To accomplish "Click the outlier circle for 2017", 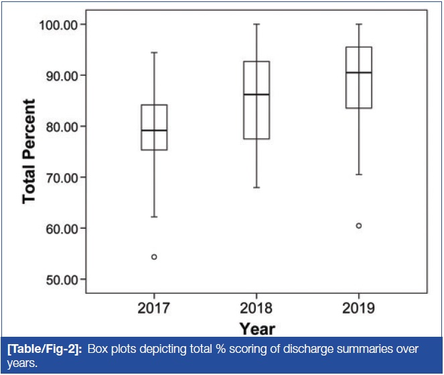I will coord(154,257).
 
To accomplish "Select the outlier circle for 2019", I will coord(359,225).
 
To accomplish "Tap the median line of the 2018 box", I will coord(256,95).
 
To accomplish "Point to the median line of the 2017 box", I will coord(154,130).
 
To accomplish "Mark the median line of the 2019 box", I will coord(359,72).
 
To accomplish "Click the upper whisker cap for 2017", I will coord(154,52).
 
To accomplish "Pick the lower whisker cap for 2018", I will coord(256,187).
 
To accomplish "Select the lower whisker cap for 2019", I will coord(359,174).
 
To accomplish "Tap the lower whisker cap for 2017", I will coord(154,217).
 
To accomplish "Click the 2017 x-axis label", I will coord(154,309).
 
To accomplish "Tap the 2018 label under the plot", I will coord(256,309).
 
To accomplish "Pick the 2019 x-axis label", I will coord(359,309).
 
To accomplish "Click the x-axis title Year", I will coord(258,329).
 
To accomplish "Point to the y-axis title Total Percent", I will coord(29,152).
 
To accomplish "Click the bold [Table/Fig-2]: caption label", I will coord(43,350).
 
